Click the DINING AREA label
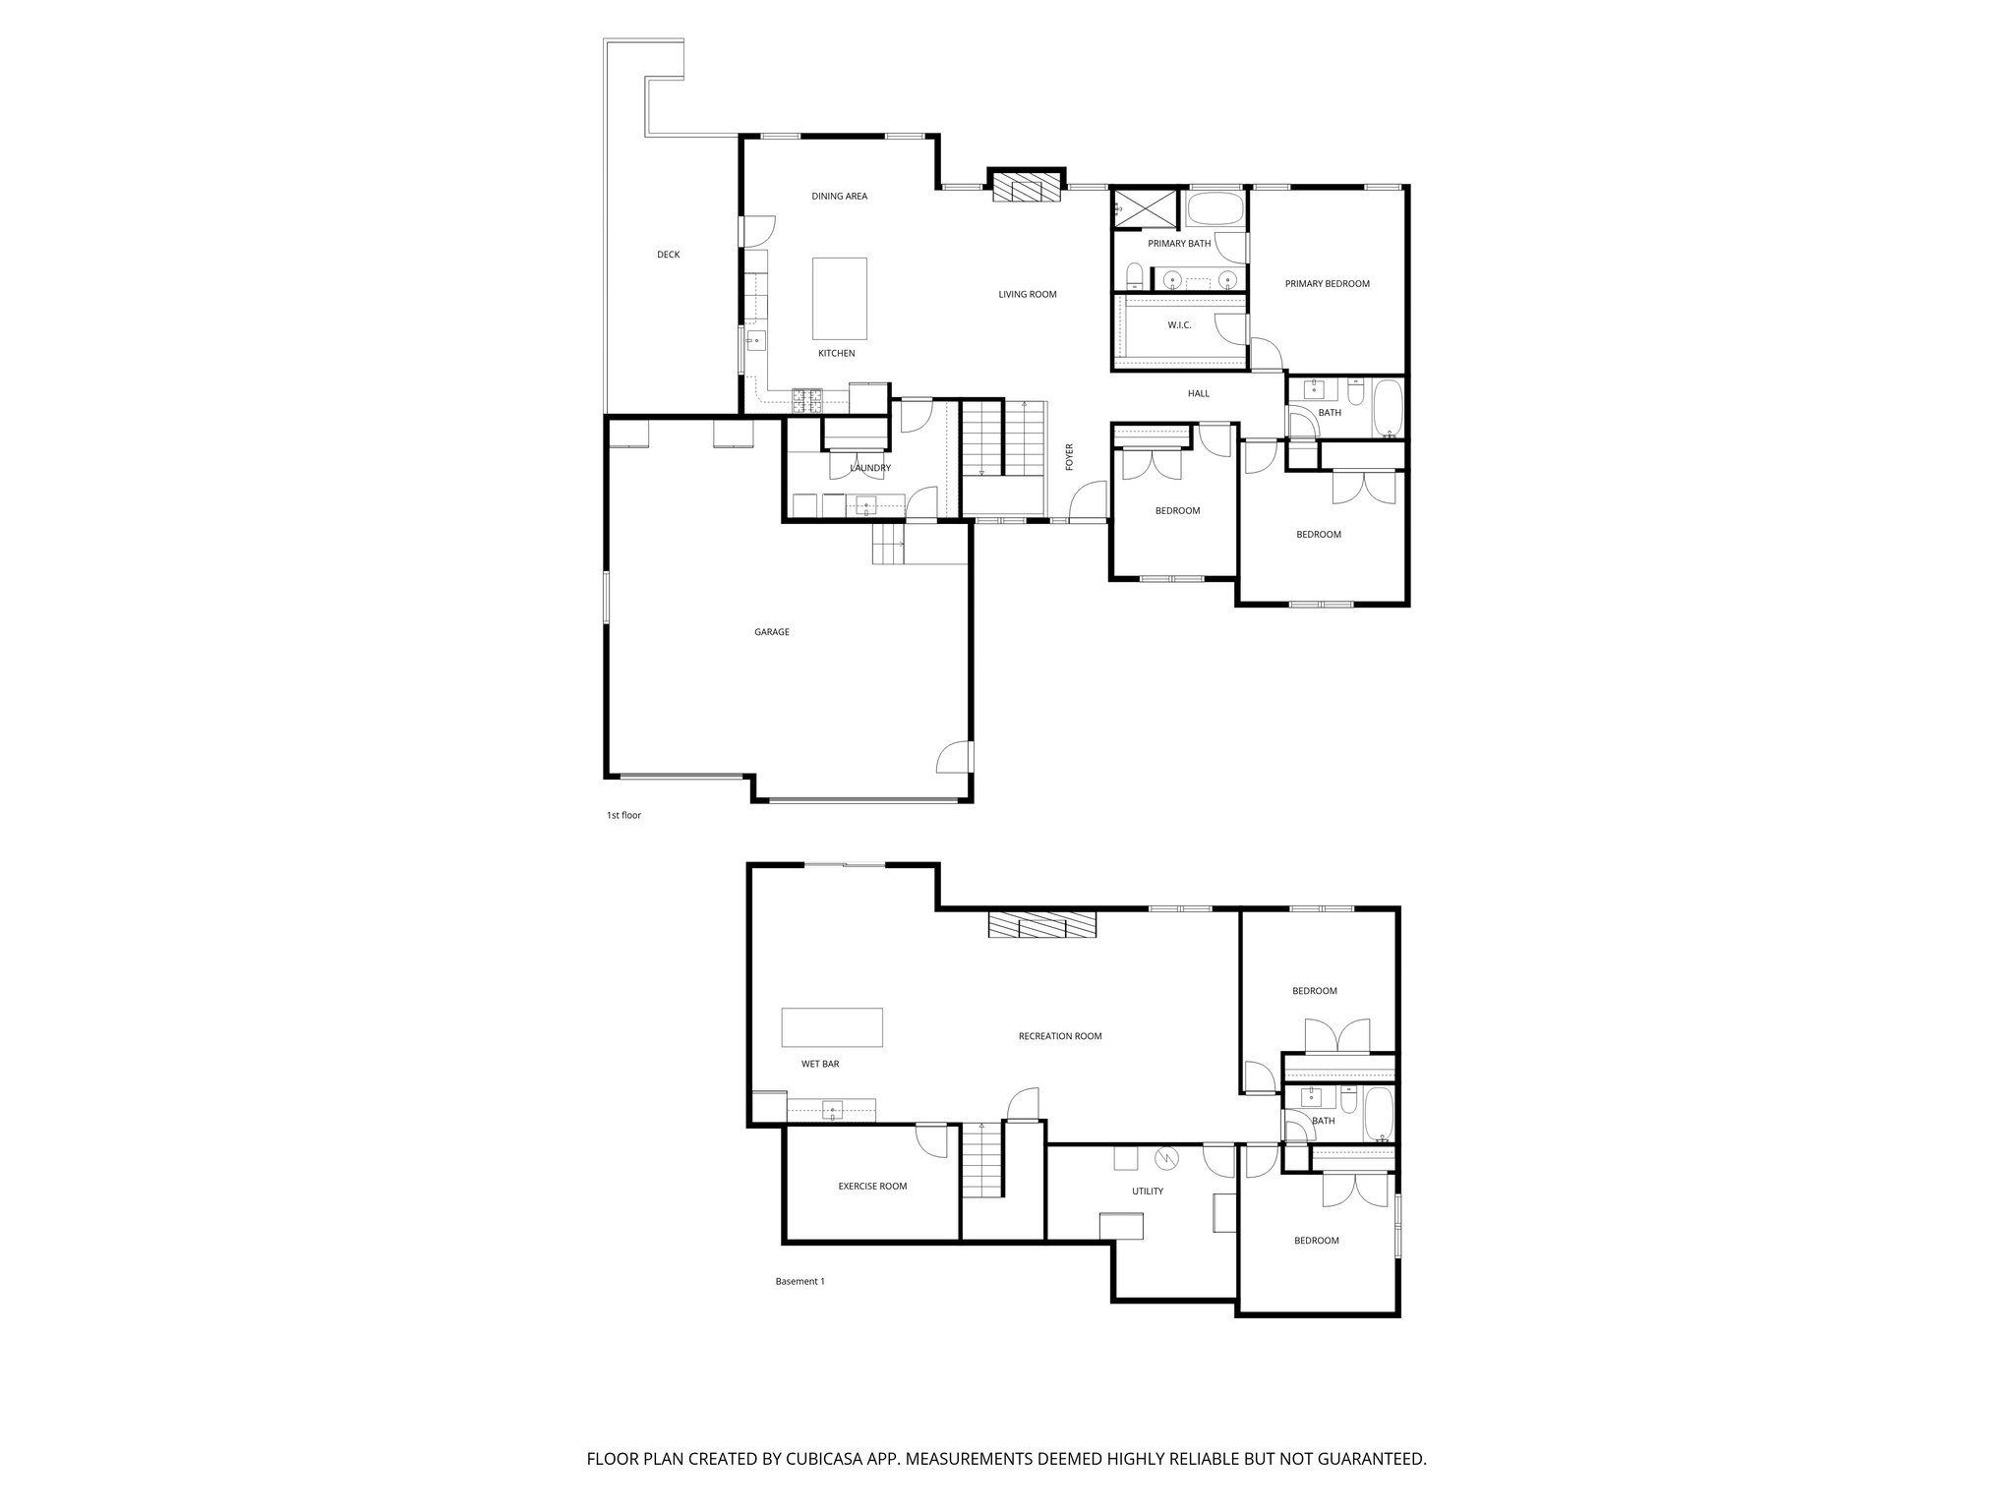pyautogui.click(x=839, y=197)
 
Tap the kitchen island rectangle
pyautogui.click(x=839, y=298)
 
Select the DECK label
pyautogui.click(x=668, y=256)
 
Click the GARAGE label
pyautogui.click(x=771, y=632)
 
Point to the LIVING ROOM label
pyautogui.click(x=1027, y=295)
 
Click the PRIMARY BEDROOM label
pyautogui.click(x=1327, y=284)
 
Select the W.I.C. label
pyautogui.click(x=1179, y=325)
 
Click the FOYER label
pyautogui.click(x=1070, y=457)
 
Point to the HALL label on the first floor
pyautogui.click(x=1198, y=394)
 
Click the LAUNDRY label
pyautogui.click(x=870, y=469)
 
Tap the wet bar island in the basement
pyautogui.click(x=832, y=1027)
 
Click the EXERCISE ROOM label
pyautogui.click(x=871, y=1187)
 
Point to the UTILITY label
pyautogui.click(x=1147, y=1191)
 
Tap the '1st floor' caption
pyautogui.click(x=623, y=815)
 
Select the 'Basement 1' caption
pyautogui.click(x=800, y=1281)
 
